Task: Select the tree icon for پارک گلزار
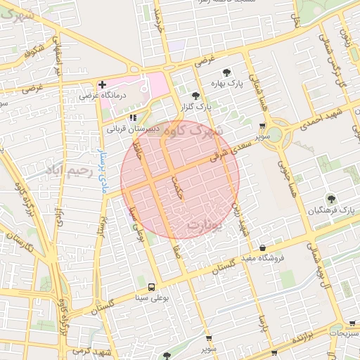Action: (195, 96)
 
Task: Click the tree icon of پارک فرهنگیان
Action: (331, 200)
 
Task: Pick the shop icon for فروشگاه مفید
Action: (263, 248)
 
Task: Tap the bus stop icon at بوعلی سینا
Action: (152, 287)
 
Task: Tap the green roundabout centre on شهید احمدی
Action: (275, 134)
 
